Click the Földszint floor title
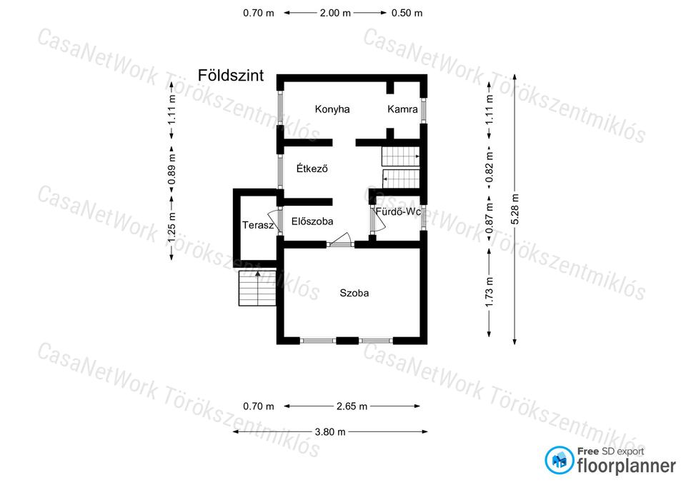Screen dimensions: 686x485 [231, 75]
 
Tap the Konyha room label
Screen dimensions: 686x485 [332, 109]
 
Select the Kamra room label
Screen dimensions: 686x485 [402, 109]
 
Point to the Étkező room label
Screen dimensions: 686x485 [312, 169]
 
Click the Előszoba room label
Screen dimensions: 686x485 [312, 221]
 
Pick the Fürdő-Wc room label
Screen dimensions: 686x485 [398, 211]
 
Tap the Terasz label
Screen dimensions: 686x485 [258, 225]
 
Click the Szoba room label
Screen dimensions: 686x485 [354, 293]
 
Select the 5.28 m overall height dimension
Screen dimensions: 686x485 [515, 209]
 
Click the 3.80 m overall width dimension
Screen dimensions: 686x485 [330, 432]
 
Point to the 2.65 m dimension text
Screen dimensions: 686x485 [352, 406]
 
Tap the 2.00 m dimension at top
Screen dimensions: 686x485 [335, 13]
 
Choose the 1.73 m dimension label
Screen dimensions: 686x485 [489, 291]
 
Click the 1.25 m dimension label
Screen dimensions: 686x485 [172, 227]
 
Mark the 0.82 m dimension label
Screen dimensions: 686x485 [489, 167]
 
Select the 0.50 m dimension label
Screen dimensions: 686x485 [407, 13]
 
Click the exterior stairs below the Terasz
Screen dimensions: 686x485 [258, 288]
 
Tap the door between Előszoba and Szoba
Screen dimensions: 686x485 [340, 241]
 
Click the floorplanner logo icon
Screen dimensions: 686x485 [559, 460]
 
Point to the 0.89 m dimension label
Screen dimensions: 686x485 [172, 169]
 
